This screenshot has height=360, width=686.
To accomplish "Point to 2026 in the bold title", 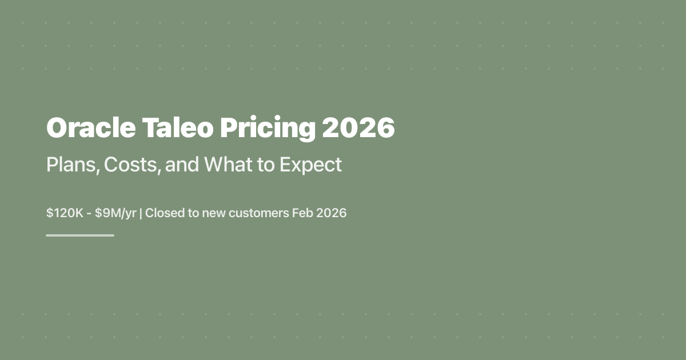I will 358,128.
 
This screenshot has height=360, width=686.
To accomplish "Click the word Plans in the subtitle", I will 66,165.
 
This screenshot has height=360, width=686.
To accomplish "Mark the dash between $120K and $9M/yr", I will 90,214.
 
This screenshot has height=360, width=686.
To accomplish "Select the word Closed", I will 164,213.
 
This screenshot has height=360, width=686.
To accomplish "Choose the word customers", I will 257,213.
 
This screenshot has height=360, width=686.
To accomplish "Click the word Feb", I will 301,213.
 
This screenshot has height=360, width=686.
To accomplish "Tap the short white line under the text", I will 80,235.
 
